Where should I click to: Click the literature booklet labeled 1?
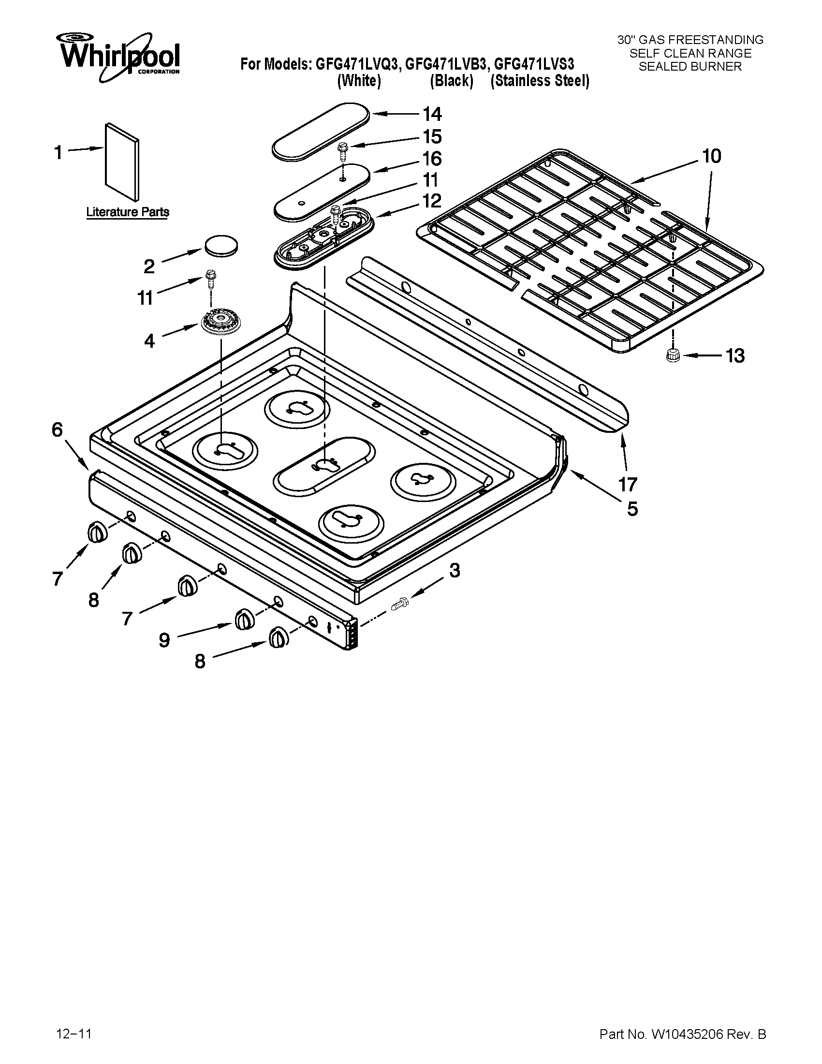coord(121,161)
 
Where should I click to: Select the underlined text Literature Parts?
coord(128,212)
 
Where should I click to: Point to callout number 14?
coord(431,114)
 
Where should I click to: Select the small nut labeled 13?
coord(673,355)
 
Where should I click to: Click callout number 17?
coord(628,484)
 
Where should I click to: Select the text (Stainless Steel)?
coord(540,81)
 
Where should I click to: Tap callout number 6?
coord(57,429)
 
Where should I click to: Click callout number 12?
coord(431,201)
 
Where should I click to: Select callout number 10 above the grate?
coord(711,156)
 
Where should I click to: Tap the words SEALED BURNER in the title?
coord(690,67)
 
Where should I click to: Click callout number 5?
coord(631,509)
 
